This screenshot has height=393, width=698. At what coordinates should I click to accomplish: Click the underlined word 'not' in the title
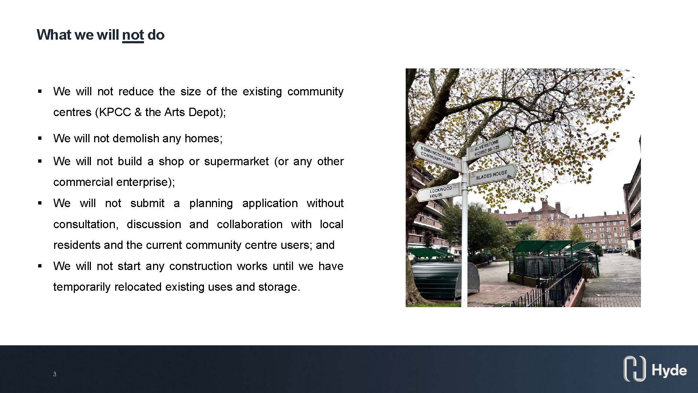tap(133, 35)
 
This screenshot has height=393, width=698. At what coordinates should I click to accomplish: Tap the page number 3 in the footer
tap(55, 374)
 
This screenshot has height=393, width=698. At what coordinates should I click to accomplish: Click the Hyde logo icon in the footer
tap(635, 369)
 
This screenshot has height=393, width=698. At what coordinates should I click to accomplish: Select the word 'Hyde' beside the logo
tap(669, 370)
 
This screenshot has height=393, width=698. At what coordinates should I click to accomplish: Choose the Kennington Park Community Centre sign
tap(437, 156)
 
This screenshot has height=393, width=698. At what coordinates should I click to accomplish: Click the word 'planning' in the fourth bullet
tap(211, 203)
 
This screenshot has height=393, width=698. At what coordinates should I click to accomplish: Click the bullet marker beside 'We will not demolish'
tap(40, 138)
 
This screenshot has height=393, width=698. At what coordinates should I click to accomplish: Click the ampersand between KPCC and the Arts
tap(138, 112)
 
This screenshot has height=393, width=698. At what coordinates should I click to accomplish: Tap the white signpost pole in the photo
tap(464, 237)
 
